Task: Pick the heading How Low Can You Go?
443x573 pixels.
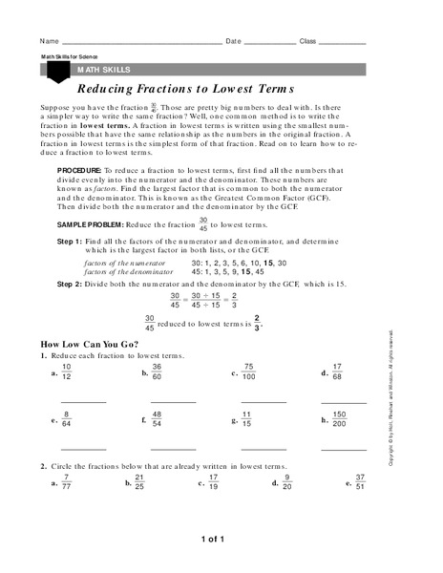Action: pos(89,343)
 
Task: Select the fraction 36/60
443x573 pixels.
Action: pos(158,371)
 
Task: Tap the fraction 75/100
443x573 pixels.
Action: pos(248,371)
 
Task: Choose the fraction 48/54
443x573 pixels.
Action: pos(158,419)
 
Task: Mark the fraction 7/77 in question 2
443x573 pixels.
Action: pos(66,482)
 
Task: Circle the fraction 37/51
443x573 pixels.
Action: pos(359,482)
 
